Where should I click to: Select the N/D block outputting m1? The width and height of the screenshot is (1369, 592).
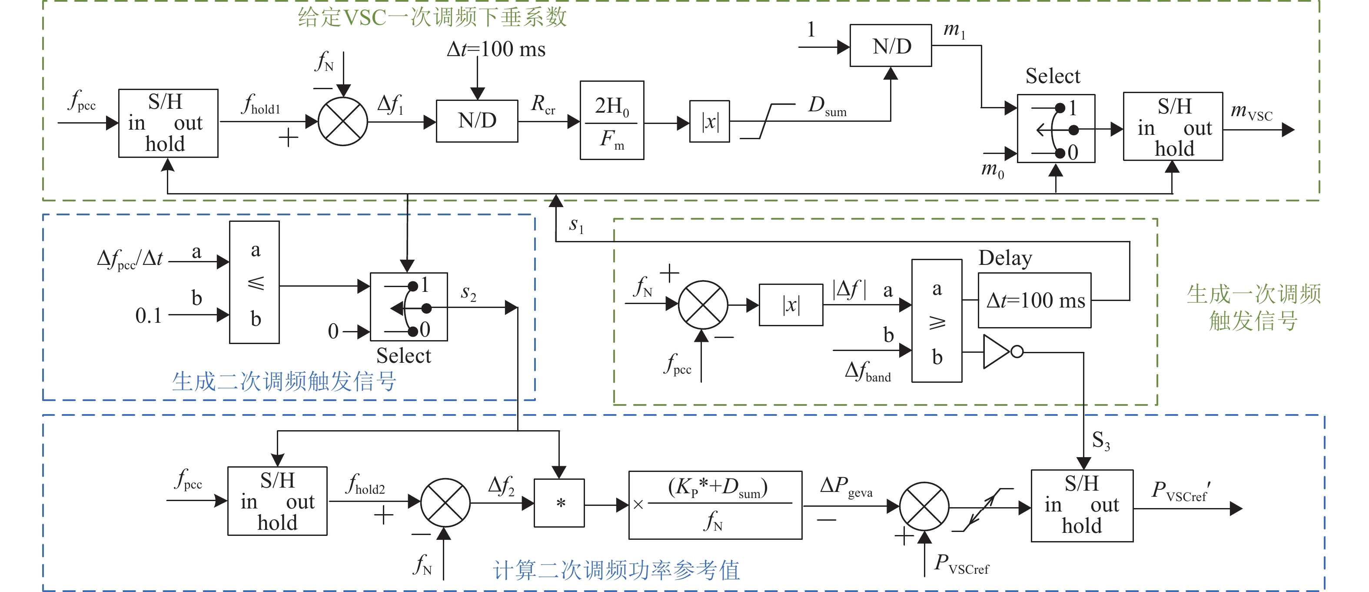[891, 46]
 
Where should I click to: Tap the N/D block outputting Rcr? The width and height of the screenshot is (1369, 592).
[477, 121]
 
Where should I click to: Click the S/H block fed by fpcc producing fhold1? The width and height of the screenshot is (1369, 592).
[168, 123]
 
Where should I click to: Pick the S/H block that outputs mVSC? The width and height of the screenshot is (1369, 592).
[1173, 127]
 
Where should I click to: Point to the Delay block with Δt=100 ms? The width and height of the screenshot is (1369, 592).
[1034, 301]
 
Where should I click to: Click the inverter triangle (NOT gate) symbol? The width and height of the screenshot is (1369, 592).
[997, 351]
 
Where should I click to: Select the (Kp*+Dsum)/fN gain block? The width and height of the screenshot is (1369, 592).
[715, 505]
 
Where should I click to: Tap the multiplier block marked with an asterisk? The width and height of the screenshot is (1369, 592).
[559, 503]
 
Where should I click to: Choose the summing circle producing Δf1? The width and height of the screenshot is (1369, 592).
[343, 122]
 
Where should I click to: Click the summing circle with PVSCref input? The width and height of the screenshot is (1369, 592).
[924, 506]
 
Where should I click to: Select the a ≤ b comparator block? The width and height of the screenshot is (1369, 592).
[255, 282]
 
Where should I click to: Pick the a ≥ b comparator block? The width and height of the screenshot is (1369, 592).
[937, 321]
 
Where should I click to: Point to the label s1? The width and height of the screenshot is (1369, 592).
[576, 225]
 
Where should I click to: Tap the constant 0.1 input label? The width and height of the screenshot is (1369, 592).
[148, 316]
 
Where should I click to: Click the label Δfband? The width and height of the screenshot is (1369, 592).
[867, 371]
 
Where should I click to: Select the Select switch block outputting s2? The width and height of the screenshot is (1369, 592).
[409, 307]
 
